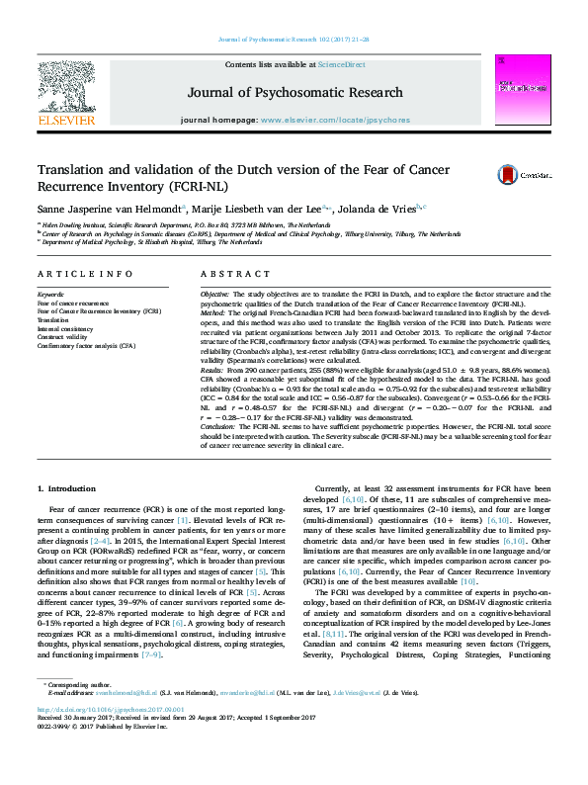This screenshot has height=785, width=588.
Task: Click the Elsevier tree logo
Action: click(65, 89)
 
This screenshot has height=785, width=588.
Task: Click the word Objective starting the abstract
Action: click(214, 295)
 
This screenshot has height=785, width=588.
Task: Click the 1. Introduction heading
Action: click(67, 489)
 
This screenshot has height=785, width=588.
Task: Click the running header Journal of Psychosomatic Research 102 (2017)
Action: click(293, 40)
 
